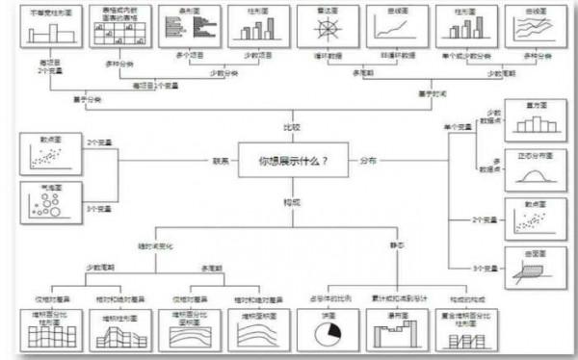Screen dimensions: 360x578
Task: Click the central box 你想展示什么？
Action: pyautogui.click(x=290, y=161)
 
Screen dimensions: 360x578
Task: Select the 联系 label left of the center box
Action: pyautogui.click(x=221, y=161)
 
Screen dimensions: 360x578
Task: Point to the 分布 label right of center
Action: pyautogui.click(x=368, y=161)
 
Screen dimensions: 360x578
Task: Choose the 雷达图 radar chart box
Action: pyautogui.click(x=320, y=25)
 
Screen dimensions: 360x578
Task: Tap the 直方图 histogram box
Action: pyautogui.click(x=535, y=123)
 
